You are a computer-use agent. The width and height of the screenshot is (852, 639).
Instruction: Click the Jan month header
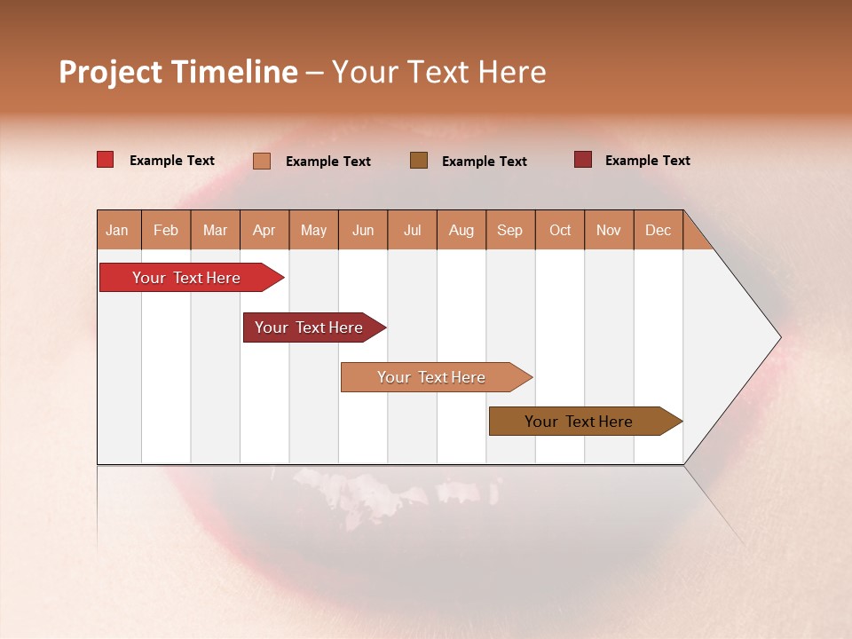[x=117, y=230]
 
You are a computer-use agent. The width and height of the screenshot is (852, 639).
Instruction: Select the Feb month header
[x=166, y=230]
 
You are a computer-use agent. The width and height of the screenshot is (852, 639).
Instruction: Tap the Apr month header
[x=264, y=230]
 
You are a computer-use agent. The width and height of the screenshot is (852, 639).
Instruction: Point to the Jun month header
[x=363, y=230]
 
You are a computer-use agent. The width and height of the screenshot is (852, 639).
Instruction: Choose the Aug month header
[x=461, y=230]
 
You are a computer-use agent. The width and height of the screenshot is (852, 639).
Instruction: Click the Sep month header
[x=509, y=230]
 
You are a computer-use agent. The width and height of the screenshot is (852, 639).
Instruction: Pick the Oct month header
[x=560, y=230]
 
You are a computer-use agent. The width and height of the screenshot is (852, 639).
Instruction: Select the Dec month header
[x=658, y=230]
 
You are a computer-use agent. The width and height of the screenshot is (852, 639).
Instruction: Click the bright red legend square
[x=106, y=160]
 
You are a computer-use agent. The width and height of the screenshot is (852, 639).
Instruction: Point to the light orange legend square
[x=262, y=161]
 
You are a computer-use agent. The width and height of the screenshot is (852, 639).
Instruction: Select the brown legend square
[x=419, y=160]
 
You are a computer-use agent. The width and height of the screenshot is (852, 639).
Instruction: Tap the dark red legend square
[x=583, y=160]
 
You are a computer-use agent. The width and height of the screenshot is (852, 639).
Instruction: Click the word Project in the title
[x=110, y=72]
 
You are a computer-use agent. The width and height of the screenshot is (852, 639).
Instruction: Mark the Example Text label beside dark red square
[x=647, y=161]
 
